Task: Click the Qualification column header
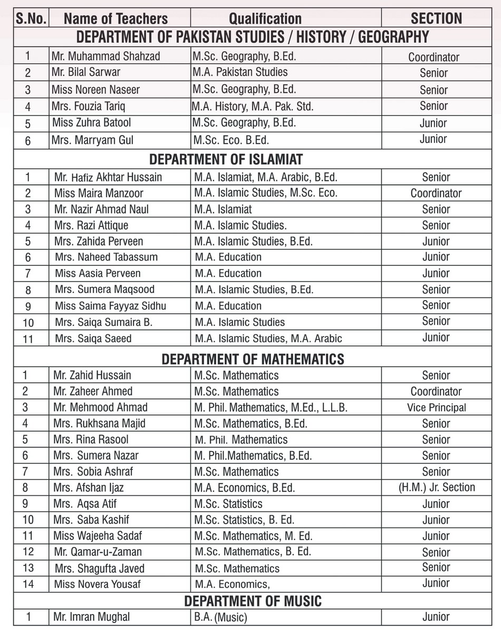(265, 19)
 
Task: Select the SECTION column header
(436, 19)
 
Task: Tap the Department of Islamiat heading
(226, 159)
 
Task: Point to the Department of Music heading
(253, 601)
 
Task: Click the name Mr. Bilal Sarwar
(86, 72)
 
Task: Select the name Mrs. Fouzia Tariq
(89, 106)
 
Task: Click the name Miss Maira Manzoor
(99, 193)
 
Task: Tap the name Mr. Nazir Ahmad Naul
(101, 209)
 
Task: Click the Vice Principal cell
(436, 408)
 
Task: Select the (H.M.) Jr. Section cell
(436, 488)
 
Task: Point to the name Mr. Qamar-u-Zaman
(98, 552)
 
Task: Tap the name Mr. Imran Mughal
(91, 617)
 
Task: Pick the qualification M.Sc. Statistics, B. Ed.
(244, 520)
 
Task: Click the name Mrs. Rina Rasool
(91, 439)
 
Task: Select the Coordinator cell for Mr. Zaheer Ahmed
(436, 391)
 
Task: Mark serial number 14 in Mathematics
(28, 584)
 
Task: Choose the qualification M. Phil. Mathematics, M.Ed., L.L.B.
(271, 408)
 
